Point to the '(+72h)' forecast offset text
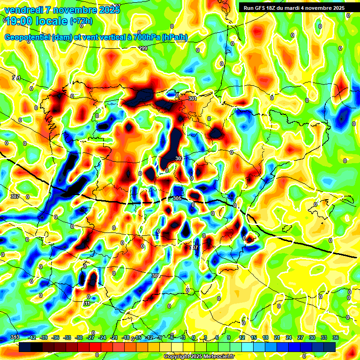pos(81,21)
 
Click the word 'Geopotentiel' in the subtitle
pos(28,37)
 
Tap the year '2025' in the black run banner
pos(336,8)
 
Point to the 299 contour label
pos(143,49)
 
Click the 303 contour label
pos(179,159)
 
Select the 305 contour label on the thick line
pos(177,199)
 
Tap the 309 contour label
pos(156,276)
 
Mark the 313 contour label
pos(15,337)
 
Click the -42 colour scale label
pos(32,337)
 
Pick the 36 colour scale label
pos(335,337)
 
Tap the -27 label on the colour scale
pos(90,337)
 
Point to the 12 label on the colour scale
pos(242,337)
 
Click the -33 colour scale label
pos(67,337)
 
